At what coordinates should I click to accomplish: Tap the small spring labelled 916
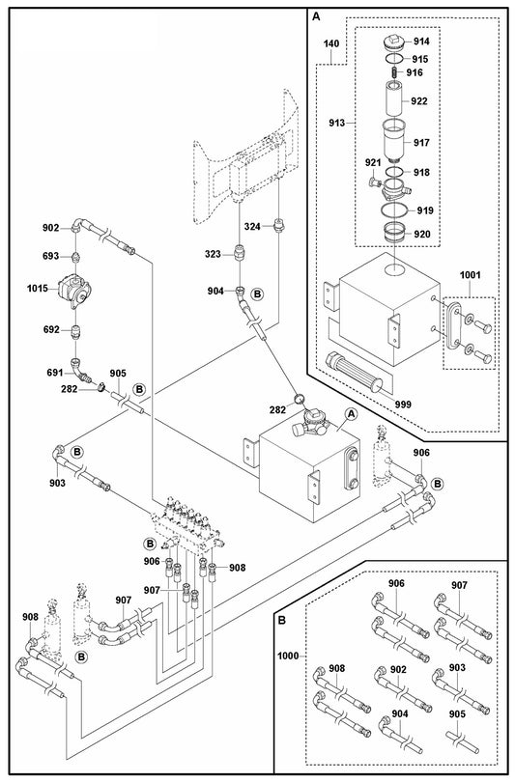click(394, 72)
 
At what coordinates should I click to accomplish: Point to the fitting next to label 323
click(241, 255)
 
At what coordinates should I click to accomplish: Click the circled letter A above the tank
click(351, 412)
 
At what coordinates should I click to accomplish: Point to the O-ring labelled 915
click(394, 59)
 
